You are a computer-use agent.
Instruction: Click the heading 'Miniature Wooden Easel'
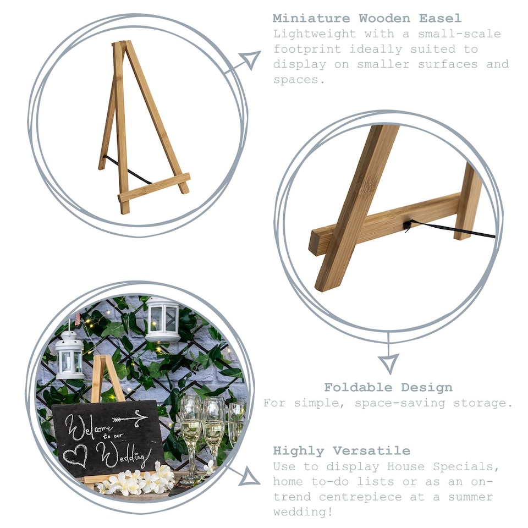[367, 18]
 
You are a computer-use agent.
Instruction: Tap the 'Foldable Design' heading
[388, 387]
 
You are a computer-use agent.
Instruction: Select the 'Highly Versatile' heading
[342, 451]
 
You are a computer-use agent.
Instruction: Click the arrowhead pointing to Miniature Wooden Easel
[250, 59]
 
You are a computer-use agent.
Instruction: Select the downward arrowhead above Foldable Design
[388, 362]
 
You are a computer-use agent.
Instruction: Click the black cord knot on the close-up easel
[408, 224]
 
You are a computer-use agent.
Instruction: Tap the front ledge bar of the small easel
[154, 188]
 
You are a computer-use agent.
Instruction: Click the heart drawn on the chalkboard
[75, 454]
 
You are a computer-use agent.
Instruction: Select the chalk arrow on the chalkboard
[129, 420]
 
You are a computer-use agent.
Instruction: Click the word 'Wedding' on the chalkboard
[123, 454]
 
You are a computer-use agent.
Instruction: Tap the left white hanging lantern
[70, 355]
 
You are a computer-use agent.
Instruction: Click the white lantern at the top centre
[162, 318]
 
